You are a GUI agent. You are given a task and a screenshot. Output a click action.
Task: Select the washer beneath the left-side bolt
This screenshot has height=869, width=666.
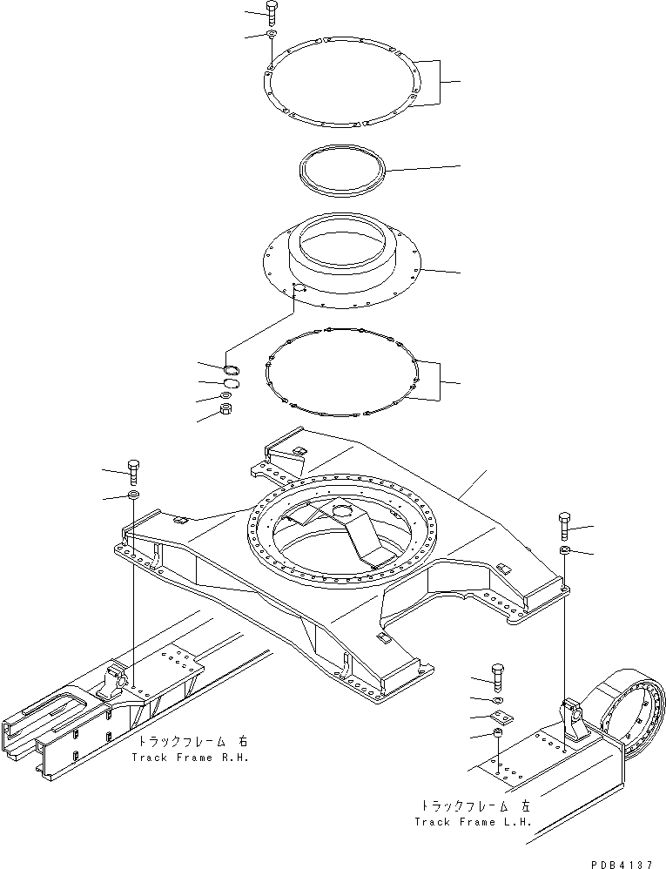pyautogui.click(x=134, y=495)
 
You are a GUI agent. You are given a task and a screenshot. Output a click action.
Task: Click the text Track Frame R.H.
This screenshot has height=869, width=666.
pyautogui.click(x=191, y=758)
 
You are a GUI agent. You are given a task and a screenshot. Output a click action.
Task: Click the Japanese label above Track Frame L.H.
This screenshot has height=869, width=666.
pyautogui.click(x=474, y=805)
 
